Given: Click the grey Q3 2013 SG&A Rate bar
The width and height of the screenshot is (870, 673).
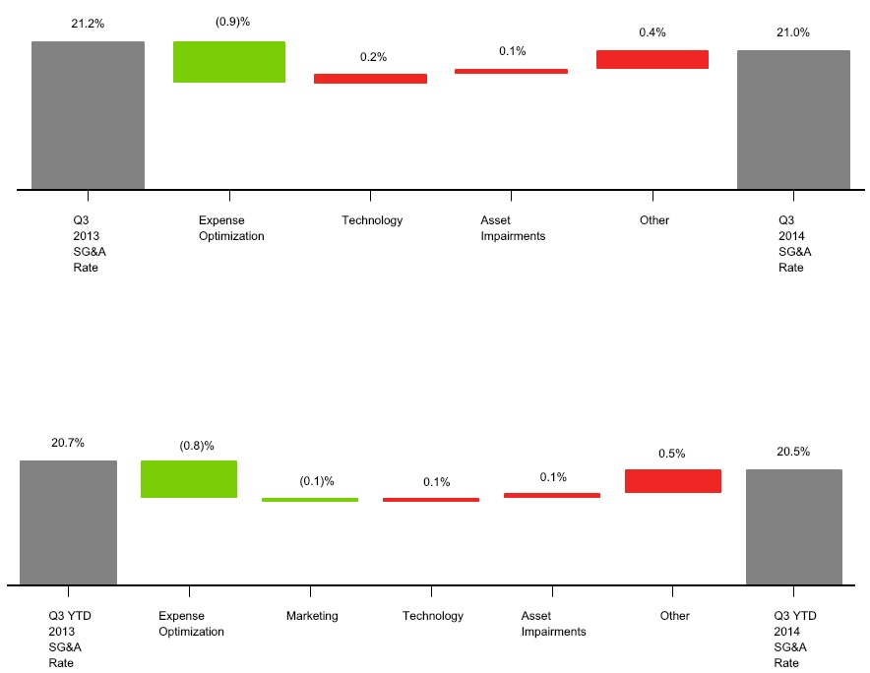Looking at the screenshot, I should coord(88,114).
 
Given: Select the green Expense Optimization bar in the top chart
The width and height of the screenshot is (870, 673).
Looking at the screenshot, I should coord(229,62).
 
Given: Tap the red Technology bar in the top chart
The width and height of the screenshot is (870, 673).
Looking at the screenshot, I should coord(370,79).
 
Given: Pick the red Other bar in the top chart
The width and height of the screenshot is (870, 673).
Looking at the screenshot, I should coord(652,60).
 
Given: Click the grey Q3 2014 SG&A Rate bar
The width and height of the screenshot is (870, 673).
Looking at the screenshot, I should coord(793,119).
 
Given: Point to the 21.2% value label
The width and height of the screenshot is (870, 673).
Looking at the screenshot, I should coord(87,23).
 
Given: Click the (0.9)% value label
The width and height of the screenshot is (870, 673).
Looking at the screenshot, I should coord(232,22).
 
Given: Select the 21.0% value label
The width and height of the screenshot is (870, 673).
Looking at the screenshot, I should coord(793,32).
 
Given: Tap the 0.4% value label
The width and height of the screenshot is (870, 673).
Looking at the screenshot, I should coord(652,32).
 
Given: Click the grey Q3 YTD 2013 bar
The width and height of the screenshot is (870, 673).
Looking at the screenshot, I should coord(68,522).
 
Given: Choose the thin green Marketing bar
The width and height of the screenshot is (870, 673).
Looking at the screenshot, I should coord(310,500).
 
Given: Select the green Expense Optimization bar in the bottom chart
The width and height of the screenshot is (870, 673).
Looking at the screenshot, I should coord(189,479).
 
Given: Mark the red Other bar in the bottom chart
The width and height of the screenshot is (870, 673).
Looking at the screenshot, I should coord(673,480).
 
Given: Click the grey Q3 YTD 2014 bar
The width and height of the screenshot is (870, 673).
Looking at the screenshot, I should coord(793,526).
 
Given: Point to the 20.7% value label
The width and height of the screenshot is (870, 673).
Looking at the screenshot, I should coord(68,443).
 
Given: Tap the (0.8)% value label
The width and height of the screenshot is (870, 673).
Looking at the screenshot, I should coord(197,446).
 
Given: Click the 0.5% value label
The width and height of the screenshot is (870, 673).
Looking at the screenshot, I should coord(673,454).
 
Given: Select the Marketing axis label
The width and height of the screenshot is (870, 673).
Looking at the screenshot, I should coord(312,616).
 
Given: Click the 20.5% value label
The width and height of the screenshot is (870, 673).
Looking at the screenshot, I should coord(793,452).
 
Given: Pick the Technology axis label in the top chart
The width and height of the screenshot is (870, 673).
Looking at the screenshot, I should coord(372,220).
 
